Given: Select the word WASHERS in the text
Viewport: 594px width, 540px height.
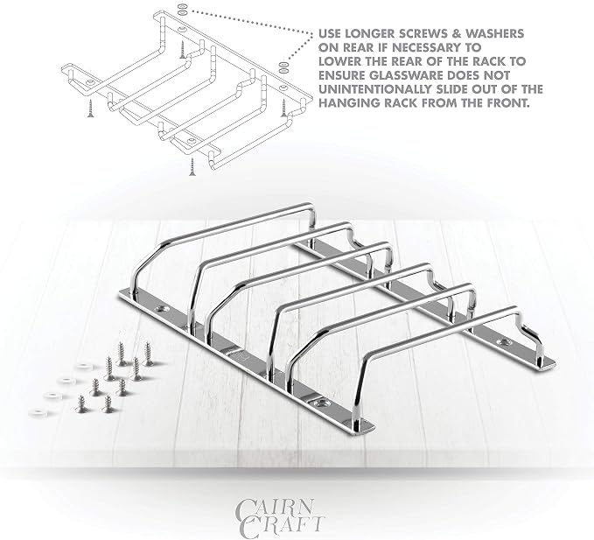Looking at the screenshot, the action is [495, 34].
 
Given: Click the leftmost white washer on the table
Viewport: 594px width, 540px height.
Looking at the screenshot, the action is [37, 411].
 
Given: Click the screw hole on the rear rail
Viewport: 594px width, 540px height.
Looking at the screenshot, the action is [504, 342].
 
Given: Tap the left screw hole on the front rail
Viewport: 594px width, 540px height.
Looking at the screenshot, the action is [163, 310].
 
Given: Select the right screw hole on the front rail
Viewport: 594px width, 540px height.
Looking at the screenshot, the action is [322, 403].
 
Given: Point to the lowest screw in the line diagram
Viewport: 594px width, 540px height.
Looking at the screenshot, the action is [192, 167].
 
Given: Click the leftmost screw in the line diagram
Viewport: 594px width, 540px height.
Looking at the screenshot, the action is [90, 108].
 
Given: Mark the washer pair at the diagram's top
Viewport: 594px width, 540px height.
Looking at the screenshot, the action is [182, 10].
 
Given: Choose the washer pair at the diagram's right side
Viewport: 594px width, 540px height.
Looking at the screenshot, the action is [283, 67].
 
